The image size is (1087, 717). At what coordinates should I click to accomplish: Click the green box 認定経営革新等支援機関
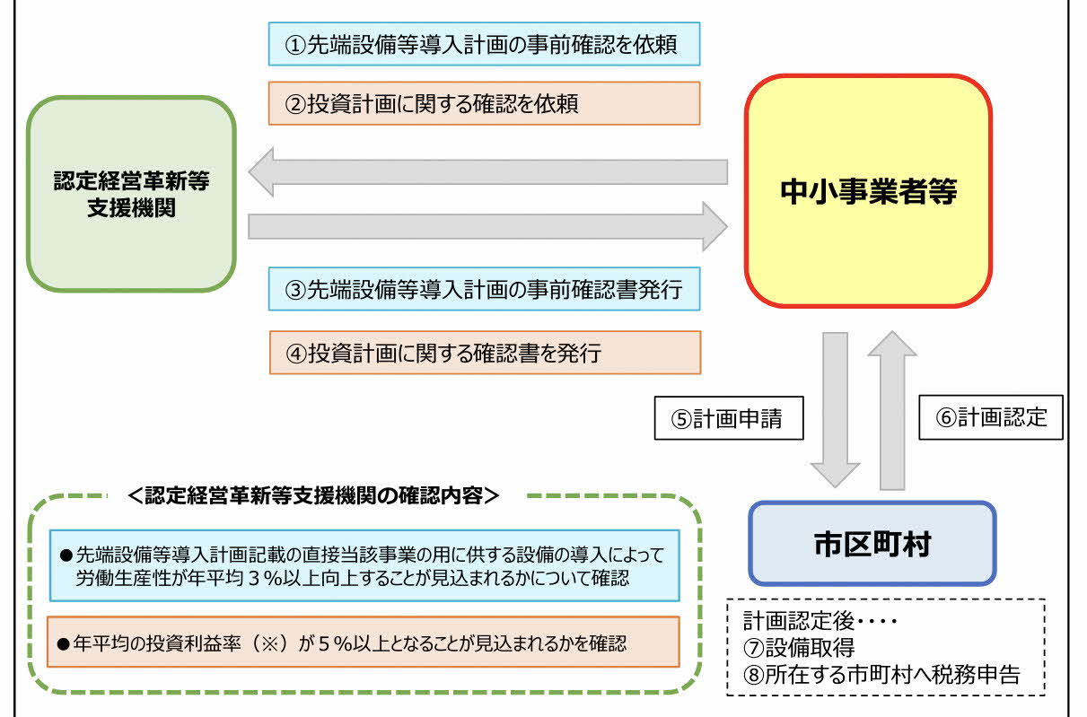[x=131, y=194]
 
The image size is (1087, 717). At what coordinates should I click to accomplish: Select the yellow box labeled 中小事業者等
[x=868, y=191]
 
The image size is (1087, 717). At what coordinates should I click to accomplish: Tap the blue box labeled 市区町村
[x=872, y=543]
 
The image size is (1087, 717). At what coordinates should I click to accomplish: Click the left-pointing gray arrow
[x=487, y=171]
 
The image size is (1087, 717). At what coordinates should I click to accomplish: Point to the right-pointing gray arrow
[x=487, y=226]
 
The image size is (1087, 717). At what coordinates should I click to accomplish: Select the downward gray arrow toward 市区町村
[x=835, y=410]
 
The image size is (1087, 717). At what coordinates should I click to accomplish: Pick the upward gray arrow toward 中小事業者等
[x=892, y=410]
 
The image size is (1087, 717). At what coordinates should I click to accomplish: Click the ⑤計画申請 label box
[x=729, y=418]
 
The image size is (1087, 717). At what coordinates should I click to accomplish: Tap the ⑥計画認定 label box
[x=991, y=417]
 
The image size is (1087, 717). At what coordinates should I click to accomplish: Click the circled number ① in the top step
[x=295, y=45]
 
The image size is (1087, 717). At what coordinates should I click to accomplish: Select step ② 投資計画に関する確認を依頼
[x=485, y=103]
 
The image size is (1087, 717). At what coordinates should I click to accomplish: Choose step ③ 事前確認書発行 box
[x=485, y=289]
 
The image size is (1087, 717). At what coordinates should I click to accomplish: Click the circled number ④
[x=296, y=354]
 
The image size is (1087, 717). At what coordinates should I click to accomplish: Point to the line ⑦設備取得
[x=799, y=647]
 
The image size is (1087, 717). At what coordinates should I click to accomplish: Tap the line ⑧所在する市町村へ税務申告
[x=881, y=674]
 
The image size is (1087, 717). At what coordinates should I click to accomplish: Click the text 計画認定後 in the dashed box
[x=799, y=620]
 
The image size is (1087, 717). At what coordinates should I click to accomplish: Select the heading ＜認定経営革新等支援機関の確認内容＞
[x=314, y=495]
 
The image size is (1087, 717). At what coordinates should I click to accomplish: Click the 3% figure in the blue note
[x=266, y=578]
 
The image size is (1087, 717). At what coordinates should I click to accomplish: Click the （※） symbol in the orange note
[x=270, y=643]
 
